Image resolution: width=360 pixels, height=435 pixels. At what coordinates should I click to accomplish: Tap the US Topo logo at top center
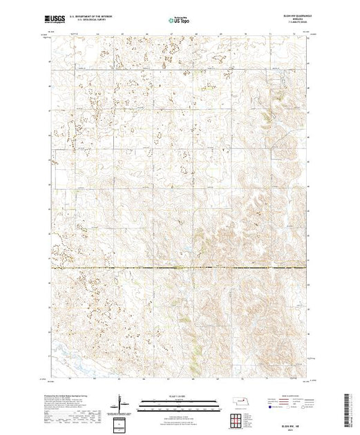coord(180,21)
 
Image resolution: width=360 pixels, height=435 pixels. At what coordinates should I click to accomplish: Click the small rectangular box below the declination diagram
coord(121,422)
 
